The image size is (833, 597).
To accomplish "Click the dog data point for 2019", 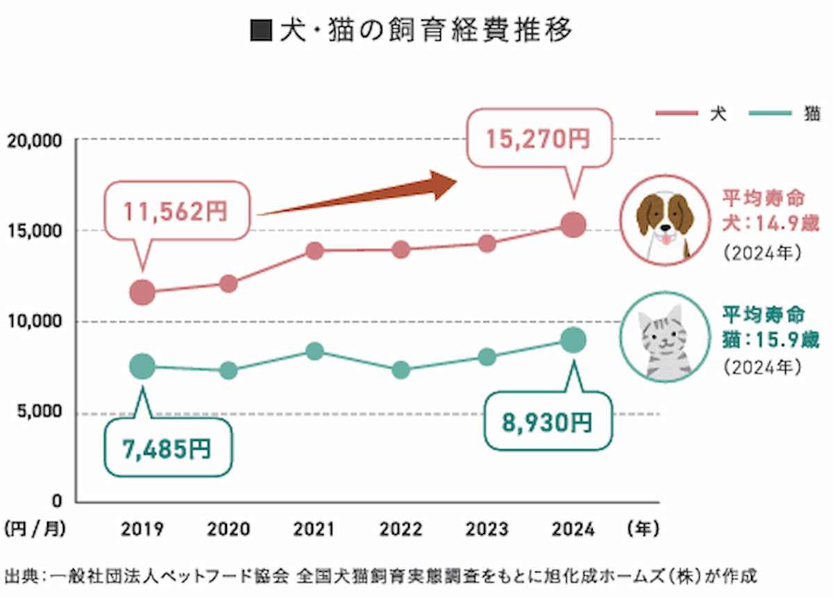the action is tap(142, 292).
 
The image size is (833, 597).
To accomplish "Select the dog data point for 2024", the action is tap(573, 225).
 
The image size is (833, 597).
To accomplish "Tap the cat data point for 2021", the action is tap(315, 351).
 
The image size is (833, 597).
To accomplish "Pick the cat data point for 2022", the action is tap(401, 370).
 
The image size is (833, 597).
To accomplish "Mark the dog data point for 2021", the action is tap(315, 251).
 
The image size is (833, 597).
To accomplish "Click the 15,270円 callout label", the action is tap(539, 139).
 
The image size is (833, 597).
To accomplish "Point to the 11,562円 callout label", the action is tap(176, 211).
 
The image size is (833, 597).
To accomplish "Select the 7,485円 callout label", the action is tap(167, 448).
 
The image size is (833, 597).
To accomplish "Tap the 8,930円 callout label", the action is tap(547, 423).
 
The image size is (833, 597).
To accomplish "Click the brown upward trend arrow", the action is tap(357, 194).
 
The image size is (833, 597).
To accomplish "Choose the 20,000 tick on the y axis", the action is tap(34, 142).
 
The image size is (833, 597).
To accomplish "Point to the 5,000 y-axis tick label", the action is tap(40, 412).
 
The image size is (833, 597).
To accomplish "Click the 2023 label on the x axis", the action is tap(487, 529).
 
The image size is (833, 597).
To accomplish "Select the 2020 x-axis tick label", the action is tap(228, 529).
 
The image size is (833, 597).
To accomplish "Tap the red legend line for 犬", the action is tap(677, 113).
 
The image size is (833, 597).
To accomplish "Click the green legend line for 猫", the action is tap(770, 113).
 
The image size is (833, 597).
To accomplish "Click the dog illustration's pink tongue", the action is tap(666, 239).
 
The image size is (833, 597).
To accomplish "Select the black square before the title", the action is tap(262, 31).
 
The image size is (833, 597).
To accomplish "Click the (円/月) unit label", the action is tap(35, 529).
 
